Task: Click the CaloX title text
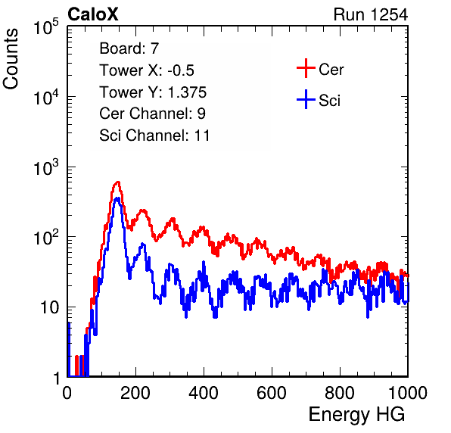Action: [92, 14]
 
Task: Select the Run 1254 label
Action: [371, 14]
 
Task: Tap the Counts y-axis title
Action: [11, 59]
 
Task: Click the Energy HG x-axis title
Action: [356, 414]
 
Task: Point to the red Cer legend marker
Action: [306, 68]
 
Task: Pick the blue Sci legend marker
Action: [306, 99]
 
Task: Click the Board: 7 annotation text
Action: [129, 48]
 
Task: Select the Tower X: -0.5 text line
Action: [147, 70]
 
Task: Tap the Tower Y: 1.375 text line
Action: [153, 92]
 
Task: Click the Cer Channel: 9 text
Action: [152, 114]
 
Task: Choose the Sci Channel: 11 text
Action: [154, 136]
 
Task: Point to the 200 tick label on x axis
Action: [135, 393]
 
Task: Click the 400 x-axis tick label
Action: [204, 393]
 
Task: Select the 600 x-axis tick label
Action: [272, 393]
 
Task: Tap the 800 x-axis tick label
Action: [340, 393]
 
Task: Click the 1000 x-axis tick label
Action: [408, 393]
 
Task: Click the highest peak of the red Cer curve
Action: [117, 182]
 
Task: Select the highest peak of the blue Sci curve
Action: [117, 198]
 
